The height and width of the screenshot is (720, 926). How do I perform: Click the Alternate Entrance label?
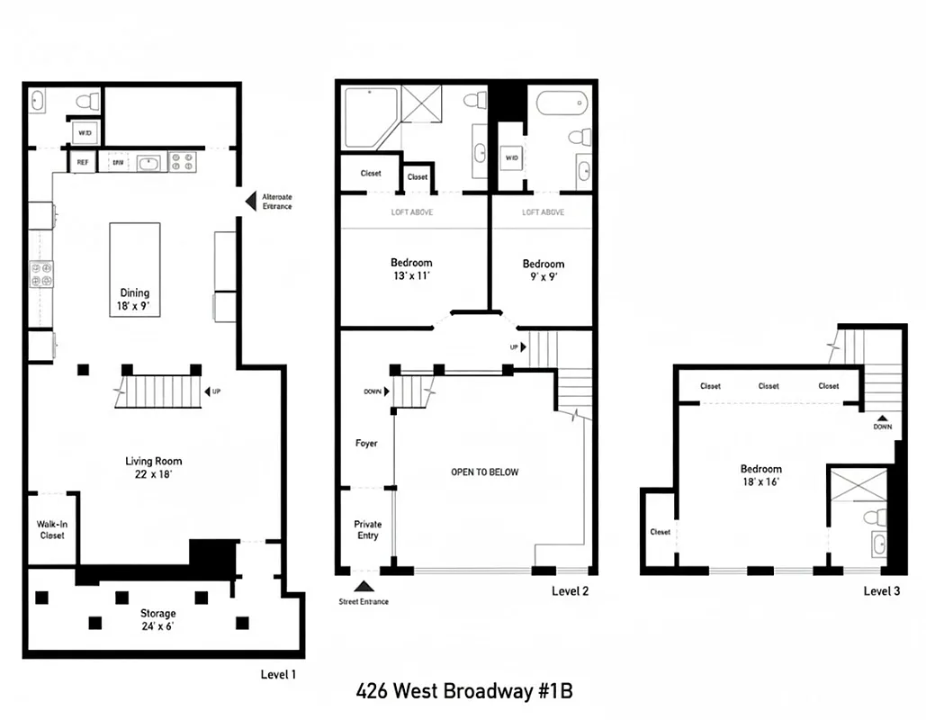(276, 201)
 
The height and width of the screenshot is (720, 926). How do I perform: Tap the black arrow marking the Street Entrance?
(364, 587)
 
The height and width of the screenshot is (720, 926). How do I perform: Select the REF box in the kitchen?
(82, 163)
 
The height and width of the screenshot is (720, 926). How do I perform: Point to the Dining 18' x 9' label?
(135, 299)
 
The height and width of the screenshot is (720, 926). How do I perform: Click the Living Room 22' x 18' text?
(153, 468)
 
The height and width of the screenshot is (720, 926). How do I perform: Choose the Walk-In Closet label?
(51, 529)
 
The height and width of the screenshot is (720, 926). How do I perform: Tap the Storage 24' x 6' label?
(157, 620)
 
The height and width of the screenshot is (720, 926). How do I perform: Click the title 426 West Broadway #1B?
(463, 691)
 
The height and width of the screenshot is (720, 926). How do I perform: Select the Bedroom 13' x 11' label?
(411, 269)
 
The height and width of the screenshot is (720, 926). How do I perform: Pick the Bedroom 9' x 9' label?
(544, 270)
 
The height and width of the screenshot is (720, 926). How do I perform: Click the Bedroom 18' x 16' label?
(760, 475)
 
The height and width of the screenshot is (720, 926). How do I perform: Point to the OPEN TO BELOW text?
(484, 472)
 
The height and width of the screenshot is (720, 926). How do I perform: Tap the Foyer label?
(366, 444)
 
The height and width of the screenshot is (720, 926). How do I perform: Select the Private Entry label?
(367, 530)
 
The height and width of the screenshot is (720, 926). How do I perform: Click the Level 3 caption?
(881, 591)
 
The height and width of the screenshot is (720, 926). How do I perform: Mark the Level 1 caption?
(277, 674)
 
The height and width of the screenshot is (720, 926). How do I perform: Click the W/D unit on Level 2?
(512, 158)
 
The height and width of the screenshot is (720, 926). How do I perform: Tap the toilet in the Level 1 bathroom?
(88, 101)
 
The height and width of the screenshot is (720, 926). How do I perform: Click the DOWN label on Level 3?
(882, 427)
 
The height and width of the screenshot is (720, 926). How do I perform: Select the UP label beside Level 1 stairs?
(216, 391)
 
